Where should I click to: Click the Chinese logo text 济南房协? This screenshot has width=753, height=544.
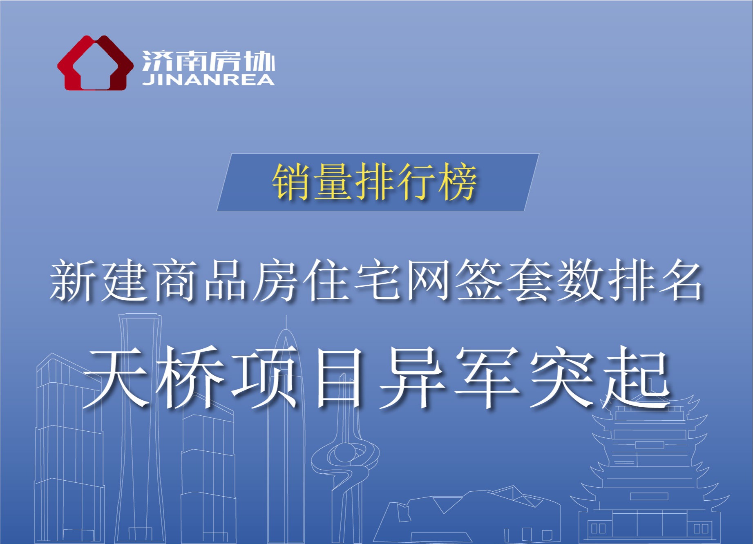tap(208, 62)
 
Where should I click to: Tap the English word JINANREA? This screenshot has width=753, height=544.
tap(208, 80)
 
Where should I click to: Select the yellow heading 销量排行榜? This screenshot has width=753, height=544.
tap(375, 182)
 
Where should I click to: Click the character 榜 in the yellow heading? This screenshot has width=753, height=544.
tap(458, 182)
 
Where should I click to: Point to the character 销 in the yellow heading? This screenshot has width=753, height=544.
tap(292, 182)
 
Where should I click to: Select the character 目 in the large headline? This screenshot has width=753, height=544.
tap(339, 377)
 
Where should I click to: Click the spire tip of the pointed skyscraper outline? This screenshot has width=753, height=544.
tap(286, 316)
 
